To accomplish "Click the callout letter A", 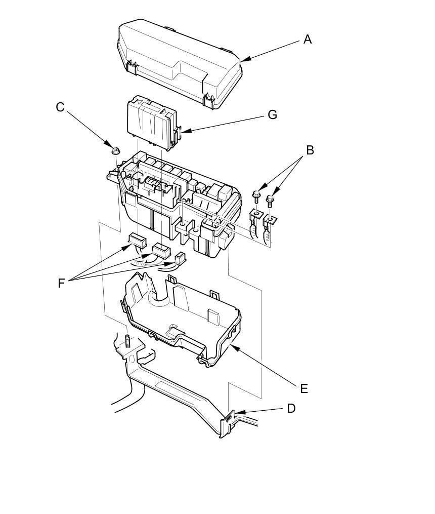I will point(308,39).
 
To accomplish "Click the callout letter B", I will point(310,150).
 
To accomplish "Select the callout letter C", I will point(60,107).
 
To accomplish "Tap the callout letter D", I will point(291,408).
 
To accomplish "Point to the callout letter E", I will point(303,388).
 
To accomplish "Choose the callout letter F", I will point(61,283).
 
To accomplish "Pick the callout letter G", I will point(272,115).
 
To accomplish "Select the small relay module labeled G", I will point(152,123).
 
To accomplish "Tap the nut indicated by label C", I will point(115,150).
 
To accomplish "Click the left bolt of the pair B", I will point(256,194).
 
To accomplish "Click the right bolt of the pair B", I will point(271,200).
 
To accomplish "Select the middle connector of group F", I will point(161,250).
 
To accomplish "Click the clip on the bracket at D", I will point(229,418).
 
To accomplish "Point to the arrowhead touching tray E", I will point(232,345).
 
